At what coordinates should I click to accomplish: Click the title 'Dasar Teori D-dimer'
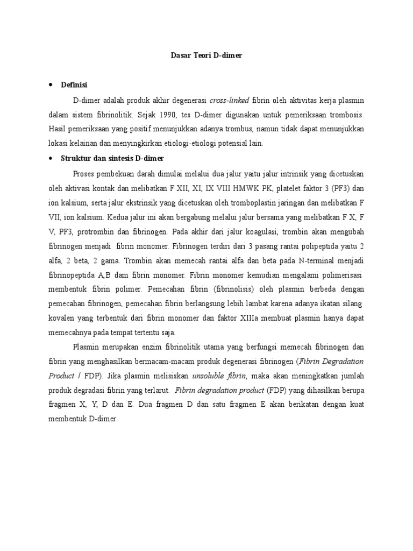coord(206,55)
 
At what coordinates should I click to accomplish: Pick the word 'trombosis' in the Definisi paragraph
coord(347,115)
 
